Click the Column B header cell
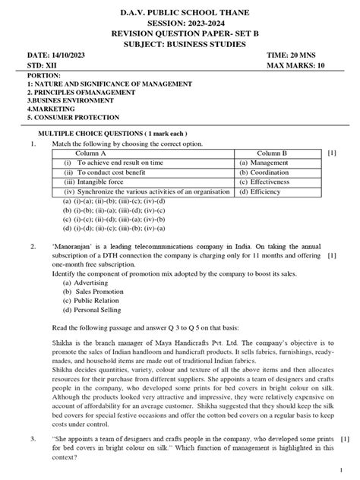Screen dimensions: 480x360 [276, 153]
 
